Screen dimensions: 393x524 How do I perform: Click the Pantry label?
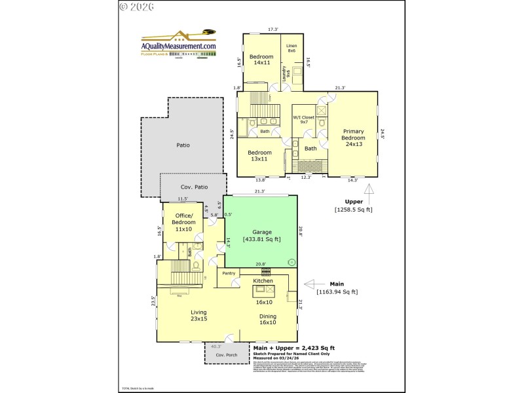[x=229, y=273]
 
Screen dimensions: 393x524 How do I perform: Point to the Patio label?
[x=183, y=145]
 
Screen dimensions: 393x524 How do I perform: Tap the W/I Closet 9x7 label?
[x=303, y=120]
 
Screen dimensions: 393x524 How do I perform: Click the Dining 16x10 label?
[x=267, y=319]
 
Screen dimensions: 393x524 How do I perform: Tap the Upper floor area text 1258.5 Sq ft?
[x=353, y=210]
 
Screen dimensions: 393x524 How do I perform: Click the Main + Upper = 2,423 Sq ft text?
[x=294, y=348]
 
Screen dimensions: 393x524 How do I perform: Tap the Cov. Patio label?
[x=195, y=187]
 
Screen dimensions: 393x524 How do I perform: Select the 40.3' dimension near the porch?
[x=215, y=346]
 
